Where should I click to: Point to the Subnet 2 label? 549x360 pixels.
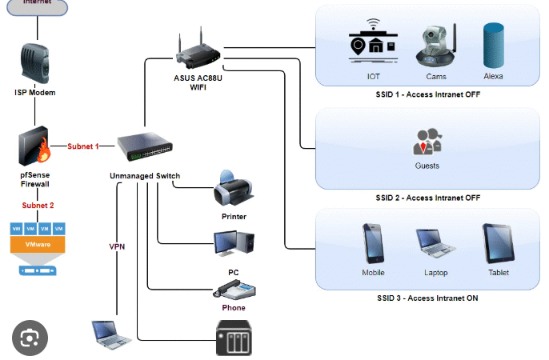[x=38, y=206]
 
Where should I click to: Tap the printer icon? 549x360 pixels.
[x=233, y=189]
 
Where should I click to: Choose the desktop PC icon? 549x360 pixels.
[x=233, y=244]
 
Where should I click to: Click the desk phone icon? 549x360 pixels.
[x=234, y=289]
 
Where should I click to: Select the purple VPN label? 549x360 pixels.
[x=117, y=246]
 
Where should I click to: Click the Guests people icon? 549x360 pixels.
[x=427, y=142]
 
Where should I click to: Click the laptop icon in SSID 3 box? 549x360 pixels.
[x=435, y=245]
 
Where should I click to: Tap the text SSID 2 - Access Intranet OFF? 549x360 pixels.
[x=427, y=197]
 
